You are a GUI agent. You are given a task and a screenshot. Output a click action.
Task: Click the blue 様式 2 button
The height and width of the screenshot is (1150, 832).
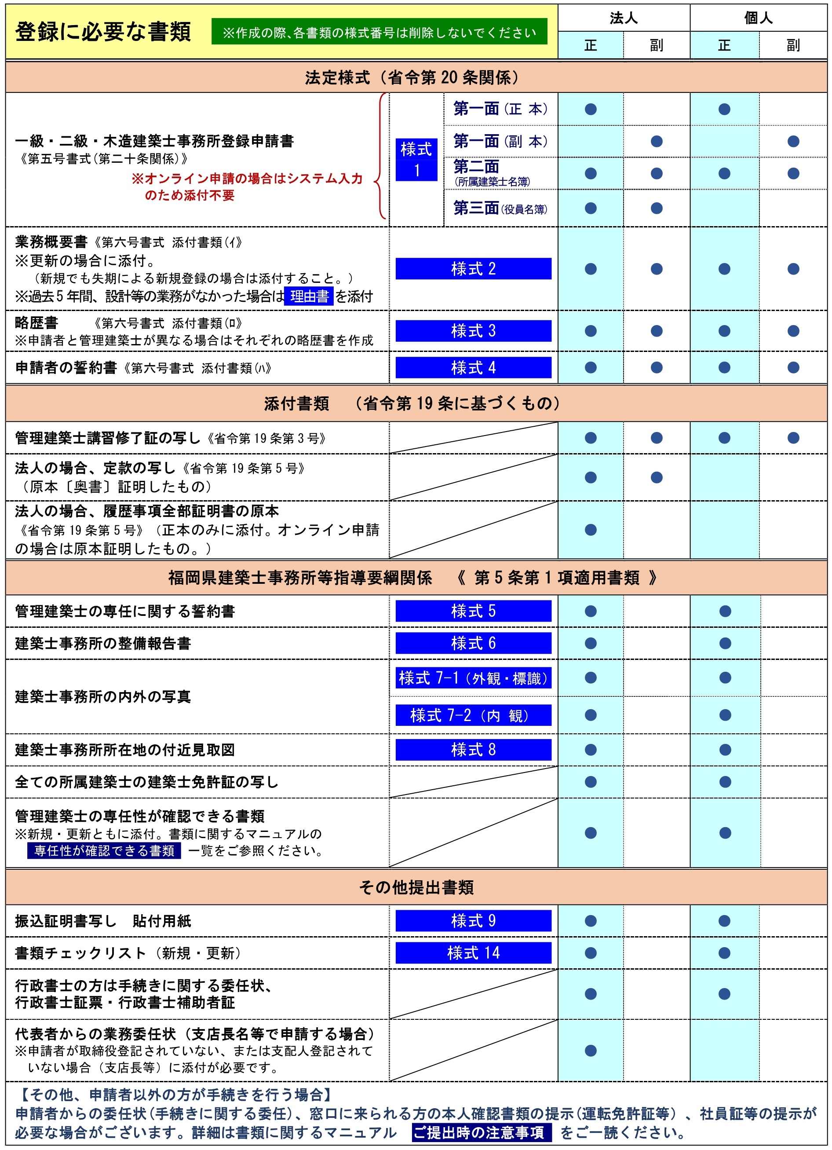click(473, 269)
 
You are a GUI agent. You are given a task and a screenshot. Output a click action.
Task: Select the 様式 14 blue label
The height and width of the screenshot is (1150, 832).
click(473, 953)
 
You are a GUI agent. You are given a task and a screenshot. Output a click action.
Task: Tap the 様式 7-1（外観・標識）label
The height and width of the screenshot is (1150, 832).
click(473, 678)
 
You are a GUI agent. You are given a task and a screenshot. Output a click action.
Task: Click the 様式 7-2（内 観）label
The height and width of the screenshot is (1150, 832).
click(473, 715)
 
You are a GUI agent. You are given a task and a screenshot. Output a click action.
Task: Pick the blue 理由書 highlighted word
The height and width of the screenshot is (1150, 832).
click(309, 296)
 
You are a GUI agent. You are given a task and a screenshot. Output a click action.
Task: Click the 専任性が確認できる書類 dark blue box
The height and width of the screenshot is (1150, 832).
click(104, 850)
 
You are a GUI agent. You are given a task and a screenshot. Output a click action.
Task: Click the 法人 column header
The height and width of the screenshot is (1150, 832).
click(623, 18)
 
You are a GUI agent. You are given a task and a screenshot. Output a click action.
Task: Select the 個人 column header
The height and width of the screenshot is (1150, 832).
click(758, 18)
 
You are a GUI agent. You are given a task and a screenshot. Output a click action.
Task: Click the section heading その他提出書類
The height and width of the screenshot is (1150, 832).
click(416, 887)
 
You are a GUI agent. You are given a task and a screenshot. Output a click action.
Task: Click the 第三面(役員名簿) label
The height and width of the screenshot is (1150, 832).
click(500, 208)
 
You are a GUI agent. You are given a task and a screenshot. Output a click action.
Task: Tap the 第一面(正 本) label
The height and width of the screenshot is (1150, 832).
click(500, 109)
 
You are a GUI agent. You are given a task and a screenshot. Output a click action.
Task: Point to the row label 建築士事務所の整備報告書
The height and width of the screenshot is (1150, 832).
click(103, 644)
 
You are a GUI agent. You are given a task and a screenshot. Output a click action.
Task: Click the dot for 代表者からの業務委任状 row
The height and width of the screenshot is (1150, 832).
click(590, 1050)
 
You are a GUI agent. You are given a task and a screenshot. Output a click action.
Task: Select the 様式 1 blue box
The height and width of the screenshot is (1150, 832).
click(416, 160)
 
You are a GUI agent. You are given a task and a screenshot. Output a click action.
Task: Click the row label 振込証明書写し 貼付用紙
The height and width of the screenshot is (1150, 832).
click(103, 921)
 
